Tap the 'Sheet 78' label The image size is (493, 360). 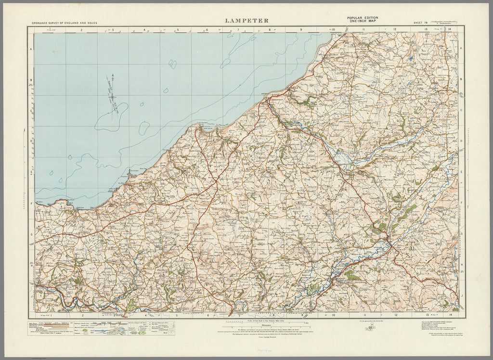[x=420, y=23]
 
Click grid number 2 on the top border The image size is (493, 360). [x=82, y=30]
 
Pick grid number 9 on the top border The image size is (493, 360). [x=301, y=30]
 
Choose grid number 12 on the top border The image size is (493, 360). [x=395, y=30]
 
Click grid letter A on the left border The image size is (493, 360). [x=30, y=50]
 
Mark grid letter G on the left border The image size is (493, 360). [x=30, y=235]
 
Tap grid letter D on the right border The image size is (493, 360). [x=461, y=141]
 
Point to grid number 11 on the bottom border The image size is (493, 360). [x=364, y=315]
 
